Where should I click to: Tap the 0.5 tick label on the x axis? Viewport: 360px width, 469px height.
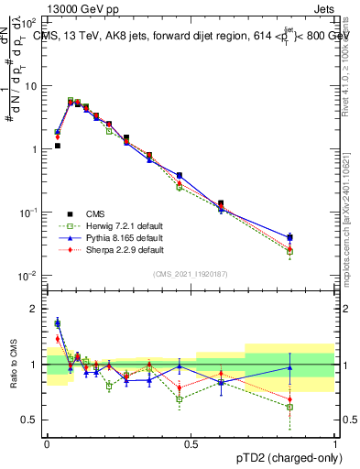click(x=191, y=442)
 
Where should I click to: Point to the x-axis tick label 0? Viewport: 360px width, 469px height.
click(x=47, y=442)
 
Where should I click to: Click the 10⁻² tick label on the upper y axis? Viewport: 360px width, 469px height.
click(x=28, y=276)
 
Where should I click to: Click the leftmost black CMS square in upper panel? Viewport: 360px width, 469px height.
click(x=57, y=146)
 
